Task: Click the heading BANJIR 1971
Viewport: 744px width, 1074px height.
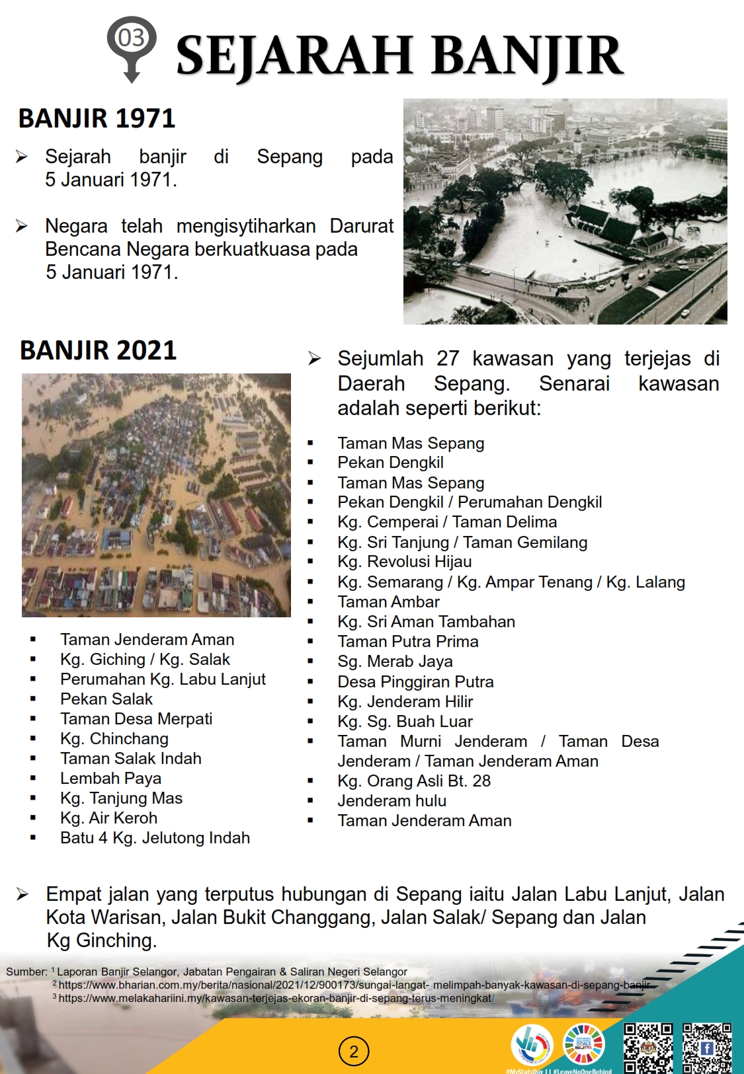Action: [x=97, y=119]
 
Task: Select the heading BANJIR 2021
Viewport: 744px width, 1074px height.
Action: [x=98, y=350]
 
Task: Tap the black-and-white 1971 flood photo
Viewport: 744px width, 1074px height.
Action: [x=565, y=211]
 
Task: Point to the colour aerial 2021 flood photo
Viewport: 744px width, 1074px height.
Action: [x=156, y=495]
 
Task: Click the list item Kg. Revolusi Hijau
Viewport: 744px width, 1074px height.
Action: [x=404, y=562]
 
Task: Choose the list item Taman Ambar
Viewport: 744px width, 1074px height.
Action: [x=388, y=602]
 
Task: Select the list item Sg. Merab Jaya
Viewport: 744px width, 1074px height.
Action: [x=395, y=662]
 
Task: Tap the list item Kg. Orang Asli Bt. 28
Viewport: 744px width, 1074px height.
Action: [x=414, y=781]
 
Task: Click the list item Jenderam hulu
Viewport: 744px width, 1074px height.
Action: [x=392, y=801]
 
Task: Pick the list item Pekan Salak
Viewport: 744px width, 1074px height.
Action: [x=106, y=699]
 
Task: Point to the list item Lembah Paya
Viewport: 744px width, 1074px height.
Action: [x=110, y=779]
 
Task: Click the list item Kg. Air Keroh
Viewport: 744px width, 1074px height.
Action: [x=108, y=818]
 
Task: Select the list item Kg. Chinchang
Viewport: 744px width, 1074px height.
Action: [x=114, y=739]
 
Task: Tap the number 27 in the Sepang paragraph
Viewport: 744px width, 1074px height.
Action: [x=447, y=359]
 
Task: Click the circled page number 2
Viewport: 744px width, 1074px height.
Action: [x=353, y=1052]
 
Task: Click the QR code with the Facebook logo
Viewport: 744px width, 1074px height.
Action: [x=707, y=1048]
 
